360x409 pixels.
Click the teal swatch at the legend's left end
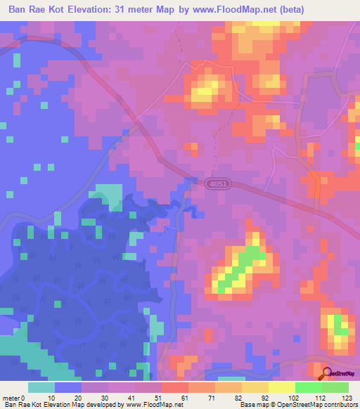41,387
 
